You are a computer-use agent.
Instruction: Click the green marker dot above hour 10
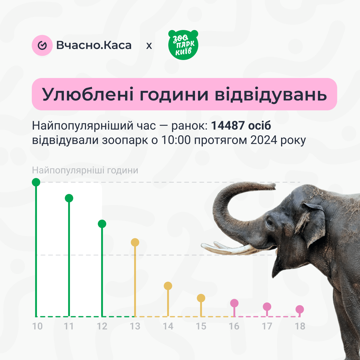(x=36, y=182)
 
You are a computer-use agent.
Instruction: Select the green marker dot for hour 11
(x=69, y=198)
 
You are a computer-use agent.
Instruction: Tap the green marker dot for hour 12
(x=102, y=224)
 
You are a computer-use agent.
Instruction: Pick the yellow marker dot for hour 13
(x=135, y=242)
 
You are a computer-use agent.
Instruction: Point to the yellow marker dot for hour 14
(x=168, y=286)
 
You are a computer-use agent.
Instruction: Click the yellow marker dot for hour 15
(x=201, y=298)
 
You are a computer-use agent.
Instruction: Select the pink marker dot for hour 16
(x=234, y=303)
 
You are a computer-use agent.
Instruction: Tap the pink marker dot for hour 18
(x=300, y=309)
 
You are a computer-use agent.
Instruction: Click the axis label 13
(x=135, y=326)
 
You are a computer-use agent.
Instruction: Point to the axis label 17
(x=267, y=326)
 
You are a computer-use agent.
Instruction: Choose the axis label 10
(x=37, y=326)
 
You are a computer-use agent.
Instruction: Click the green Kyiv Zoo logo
(x=183, y=45)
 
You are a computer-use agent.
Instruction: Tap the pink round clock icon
(x=42, y=45)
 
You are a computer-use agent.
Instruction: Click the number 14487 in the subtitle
(x=228, y=125)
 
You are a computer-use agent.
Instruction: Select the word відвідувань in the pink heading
(x=271, y=94)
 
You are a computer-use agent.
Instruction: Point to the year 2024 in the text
(x=264, y=140)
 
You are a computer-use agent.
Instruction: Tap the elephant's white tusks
(x=230, y=248)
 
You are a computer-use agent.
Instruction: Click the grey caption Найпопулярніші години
(x=85, y=170)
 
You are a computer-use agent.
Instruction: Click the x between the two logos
(x=149, y=46)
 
